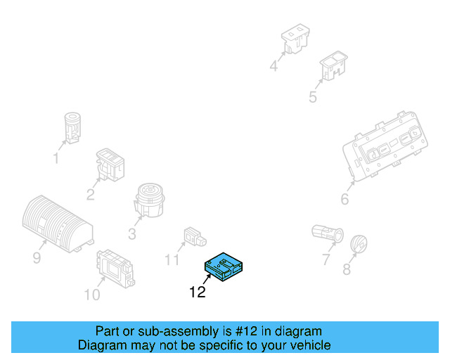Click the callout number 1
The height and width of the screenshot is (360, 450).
coord(56,158)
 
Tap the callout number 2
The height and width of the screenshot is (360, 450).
coord(91,195)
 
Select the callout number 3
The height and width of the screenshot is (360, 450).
coord(132,233)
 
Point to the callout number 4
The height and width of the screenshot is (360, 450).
coord(274,67)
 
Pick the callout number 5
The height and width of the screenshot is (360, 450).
coord(313,97)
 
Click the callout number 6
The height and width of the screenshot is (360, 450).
coord(345,200)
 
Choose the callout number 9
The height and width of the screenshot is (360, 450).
coord(37,258)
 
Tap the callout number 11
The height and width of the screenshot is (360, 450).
coord(173,260)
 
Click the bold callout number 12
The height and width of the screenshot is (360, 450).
coord(198,292)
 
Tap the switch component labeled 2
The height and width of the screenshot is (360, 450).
coord(109,165)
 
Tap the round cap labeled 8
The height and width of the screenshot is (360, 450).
coord(359,244)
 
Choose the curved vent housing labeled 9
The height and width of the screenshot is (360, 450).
coord(56,222)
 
